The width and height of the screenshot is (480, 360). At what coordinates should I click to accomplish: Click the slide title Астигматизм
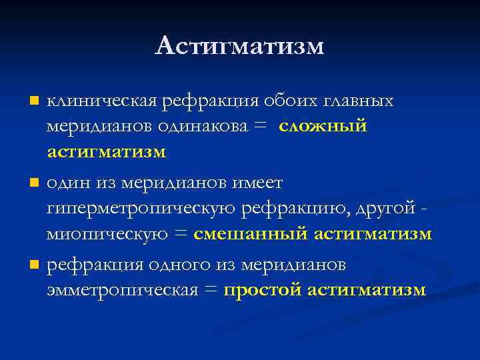240,46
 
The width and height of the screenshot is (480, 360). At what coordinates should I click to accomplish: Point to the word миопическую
107,234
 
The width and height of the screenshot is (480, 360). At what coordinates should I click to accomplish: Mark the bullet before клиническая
33,102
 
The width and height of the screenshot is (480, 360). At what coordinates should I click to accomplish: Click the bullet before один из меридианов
33,183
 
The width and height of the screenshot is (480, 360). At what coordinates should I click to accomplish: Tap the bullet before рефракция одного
33,265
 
